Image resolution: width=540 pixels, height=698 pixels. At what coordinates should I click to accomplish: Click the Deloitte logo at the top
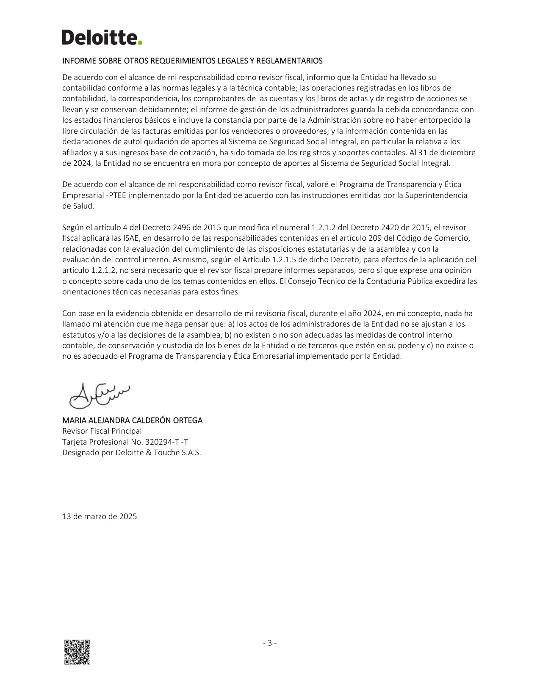coord(102,37)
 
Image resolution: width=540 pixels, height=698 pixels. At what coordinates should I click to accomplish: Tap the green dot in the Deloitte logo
coord(140,42)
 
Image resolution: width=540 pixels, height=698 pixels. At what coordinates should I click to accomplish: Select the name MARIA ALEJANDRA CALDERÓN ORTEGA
coord(132,420)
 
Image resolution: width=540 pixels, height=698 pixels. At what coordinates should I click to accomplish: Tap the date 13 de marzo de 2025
coord(100,517)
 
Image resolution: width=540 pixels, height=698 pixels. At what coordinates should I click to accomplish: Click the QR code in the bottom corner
coord(77,652)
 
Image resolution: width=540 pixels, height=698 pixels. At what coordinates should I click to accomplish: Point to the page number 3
coord(270,643)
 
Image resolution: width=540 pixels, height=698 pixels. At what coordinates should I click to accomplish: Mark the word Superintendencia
coord(436,195)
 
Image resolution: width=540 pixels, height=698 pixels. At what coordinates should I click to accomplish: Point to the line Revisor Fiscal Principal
coord(102,431)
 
